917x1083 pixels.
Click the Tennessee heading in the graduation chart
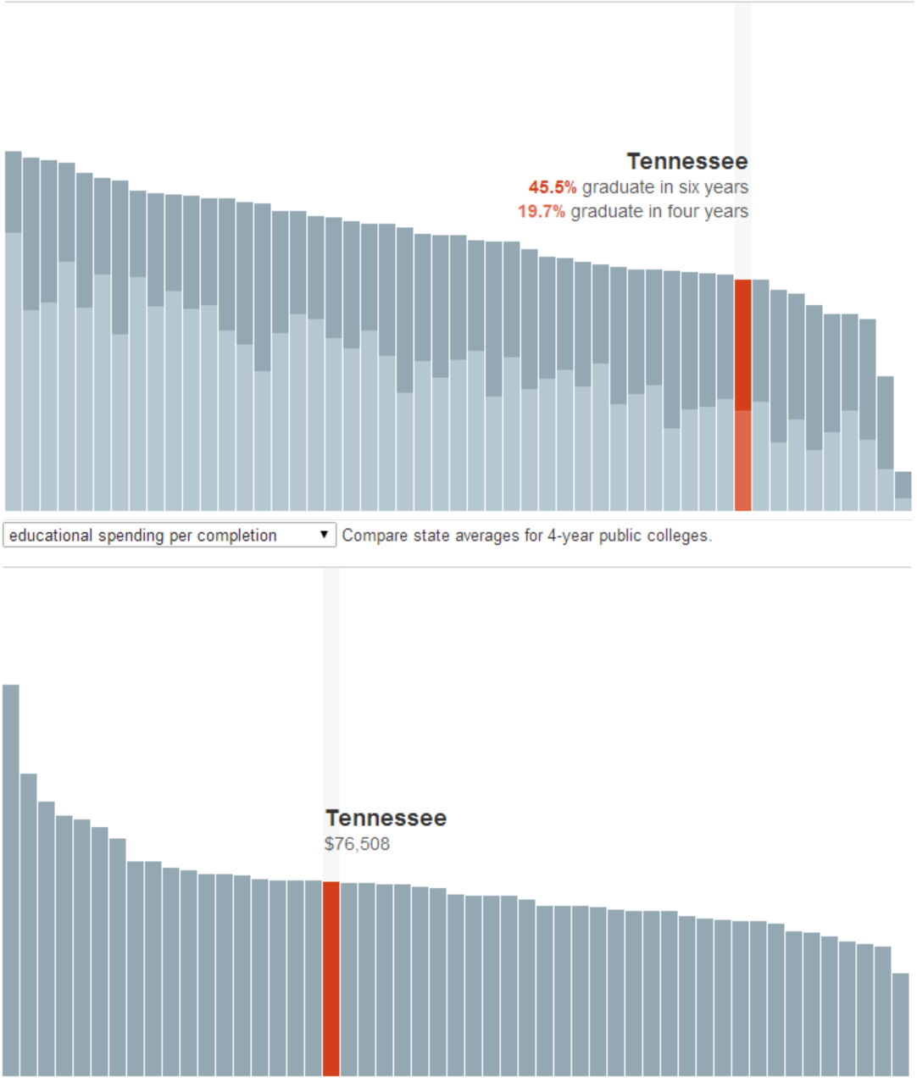(x=686, y=162)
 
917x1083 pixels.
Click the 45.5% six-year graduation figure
(x=552, y=187)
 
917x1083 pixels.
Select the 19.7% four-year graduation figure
(x=541, y=211)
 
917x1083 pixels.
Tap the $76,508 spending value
(x=357, y=844)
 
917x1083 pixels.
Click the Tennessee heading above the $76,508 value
(x=386, y=819)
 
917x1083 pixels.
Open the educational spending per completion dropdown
(x=170, y=536)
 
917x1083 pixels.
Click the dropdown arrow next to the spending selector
(x=324, y=535)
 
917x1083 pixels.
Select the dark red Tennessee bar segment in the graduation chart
(x=742, y=344)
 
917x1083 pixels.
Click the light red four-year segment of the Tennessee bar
(x=742, y=460)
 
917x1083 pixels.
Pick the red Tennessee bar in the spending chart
(x=331, y=979)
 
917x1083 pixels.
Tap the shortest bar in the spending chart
(x=900, y=1025)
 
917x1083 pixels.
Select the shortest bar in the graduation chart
(x=903, y=492)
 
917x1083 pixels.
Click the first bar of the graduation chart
(x=14, y=330)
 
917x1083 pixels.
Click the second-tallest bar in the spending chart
(x=29, y=924)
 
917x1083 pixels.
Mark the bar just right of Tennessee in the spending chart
(x=348, y=979)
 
